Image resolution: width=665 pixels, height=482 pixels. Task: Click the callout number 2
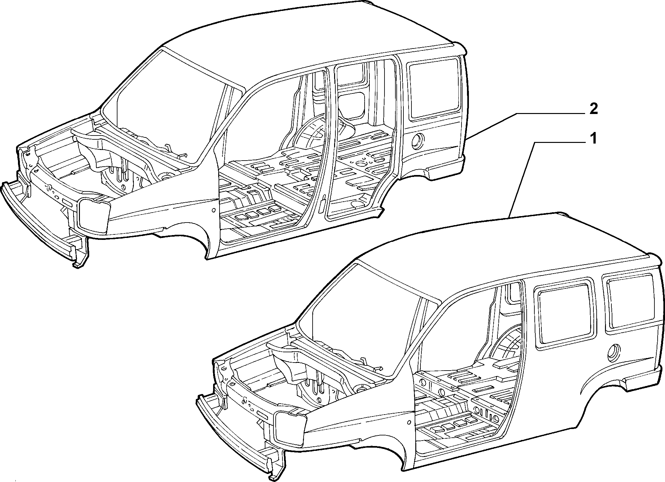point(593,110)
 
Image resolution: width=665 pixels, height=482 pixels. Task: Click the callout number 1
point(593,139)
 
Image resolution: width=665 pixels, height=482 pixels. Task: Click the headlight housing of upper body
point(93,215)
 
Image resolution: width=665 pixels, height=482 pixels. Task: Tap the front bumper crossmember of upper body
point(39,218)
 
